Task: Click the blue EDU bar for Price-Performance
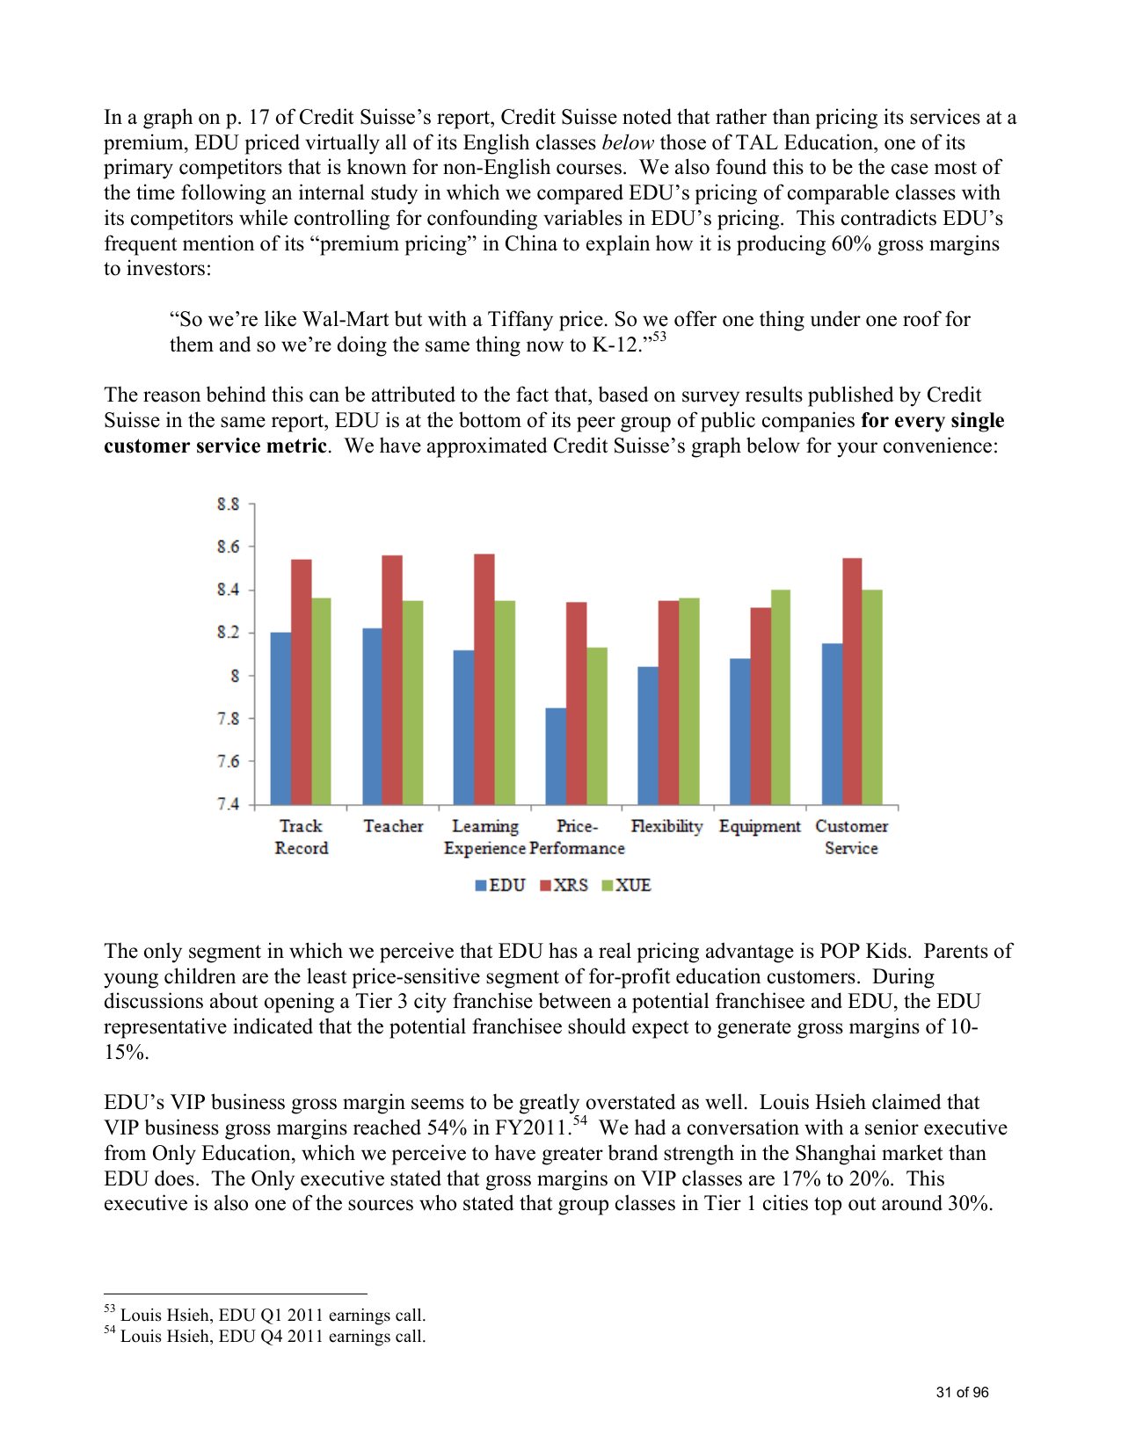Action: pos(556,756)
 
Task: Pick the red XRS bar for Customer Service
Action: pos(852,681)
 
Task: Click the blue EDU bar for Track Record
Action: pos(280,718)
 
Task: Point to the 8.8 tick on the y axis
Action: pos(228,504)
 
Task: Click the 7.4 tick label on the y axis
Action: pos(228,804)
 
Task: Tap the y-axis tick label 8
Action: pos(235,676)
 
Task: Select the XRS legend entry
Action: pos(564,885)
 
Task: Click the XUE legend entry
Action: pos(626,885)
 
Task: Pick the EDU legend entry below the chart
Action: pos(500,885)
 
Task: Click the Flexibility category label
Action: pos(666,826)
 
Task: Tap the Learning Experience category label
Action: pos(484,837)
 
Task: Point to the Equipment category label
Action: pos(760,826)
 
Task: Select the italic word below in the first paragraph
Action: pos(627,142)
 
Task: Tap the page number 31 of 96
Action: pos(962,1392)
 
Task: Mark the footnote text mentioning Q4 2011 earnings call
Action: pos(273,1336)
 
